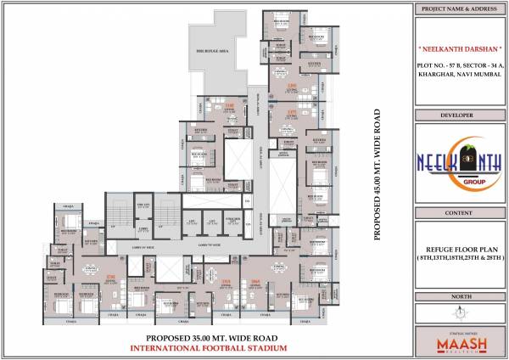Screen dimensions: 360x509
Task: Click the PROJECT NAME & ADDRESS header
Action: point(461,10)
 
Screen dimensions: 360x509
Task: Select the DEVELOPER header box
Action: point(461,113)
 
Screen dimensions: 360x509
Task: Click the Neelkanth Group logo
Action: point(461,162)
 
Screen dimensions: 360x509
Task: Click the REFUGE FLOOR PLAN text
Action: point(461,246)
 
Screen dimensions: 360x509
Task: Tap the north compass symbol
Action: point(461,314)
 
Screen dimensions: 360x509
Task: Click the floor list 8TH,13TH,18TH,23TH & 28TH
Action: point(461,256)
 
